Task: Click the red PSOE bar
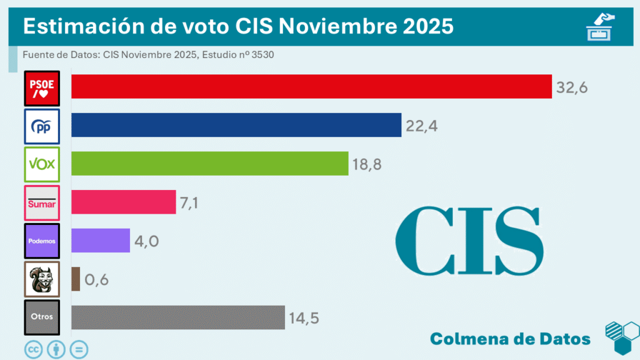click(311, 87)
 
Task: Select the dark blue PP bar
click(236, 125)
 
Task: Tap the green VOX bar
click(209, 164)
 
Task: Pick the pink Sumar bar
click(123, 202)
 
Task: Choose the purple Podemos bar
click(100, 240)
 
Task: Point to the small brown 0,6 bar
click(76, 279)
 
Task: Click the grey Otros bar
click(177, 317)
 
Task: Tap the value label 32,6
click(572, 88)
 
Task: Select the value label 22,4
click(421, 126)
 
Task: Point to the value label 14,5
click(304, 318)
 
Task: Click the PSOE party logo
click(41, 88)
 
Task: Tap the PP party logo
click(41, 126)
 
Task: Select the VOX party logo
click(41, 164)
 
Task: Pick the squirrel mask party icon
click(41, 279)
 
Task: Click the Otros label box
click(41, 316)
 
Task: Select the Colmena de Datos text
click(510, 339)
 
